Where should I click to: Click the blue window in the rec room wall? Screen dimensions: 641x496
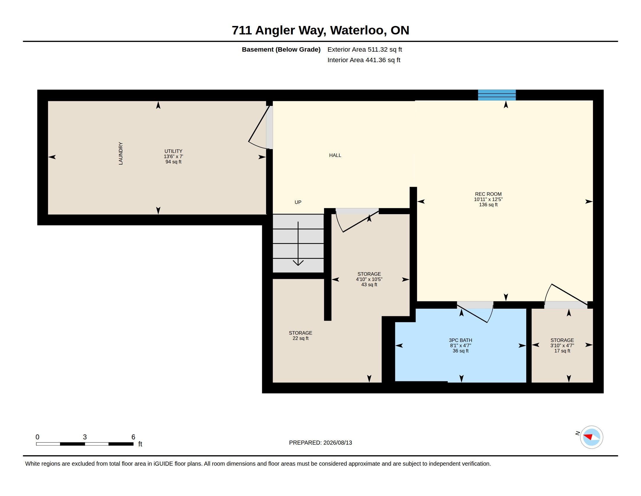[496, 95]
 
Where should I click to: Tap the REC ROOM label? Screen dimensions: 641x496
[488, 194]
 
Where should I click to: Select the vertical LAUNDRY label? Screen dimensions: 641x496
[120, 153]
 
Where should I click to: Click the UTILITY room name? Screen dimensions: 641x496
[173, 151]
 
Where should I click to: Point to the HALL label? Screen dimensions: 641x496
[335, 155]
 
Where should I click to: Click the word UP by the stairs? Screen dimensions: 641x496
[298, 202]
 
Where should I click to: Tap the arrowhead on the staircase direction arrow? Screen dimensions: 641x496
[298, 263]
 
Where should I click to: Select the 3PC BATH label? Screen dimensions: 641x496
[460, 340]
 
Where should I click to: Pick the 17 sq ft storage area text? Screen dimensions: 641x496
[562, 351]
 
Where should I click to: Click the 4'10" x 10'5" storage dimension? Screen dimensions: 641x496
[369, 280]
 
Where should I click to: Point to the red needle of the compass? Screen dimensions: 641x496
[588, 436]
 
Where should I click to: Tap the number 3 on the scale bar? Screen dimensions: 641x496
[85, 437]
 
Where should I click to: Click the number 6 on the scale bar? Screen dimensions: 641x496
[133, 437]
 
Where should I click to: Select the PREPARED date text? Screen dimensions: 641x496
[320, 443]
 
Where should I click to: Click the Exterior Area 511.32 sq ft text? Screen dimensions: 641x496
[364, 49]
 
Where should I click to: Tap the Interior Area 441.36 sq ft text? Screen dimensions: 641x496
[364, 60]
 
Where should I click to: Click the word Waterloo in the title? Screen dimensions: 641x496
[358, 30]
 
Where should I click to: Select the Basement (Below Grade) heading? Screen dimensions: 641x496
[281, 49]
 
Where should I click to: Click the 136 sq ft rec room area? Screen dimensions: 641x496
[488, 205]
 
